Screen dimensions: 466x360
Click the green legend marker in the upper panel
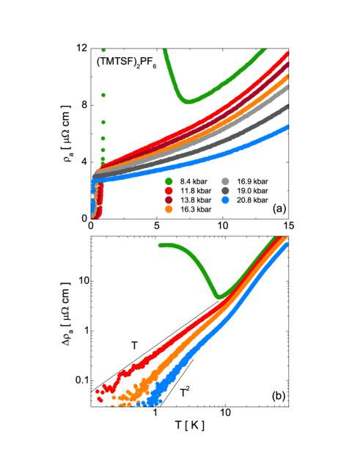(x=169, y=181)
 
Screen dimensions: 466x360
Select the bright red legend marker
(x=169, y=191)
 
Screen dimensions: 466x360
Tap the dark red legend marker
(x=169, y=200)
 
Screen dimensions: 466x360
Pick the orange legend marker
(x=169, y=209)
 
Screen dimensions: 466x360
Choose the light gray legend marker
(x=225, y=181)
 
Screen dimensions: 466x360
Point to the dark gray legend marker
(x=225, y=191)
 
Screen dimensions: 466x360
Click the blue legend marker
(x=225, y=200)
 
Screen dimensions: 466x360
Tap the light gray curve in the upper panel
(x=242, y=122)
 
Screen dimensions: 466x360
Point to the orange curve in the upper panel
(x=242, y=113)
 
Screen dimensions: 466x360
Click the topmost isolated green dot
(x=103, y=51)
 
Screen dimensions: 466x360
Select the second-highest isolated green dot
(x=103, y=95)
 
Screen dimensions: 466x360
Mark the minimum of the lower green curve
(x=218, y=296)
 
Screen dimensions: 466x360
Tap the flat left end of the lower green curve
(x=165, y=245)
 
